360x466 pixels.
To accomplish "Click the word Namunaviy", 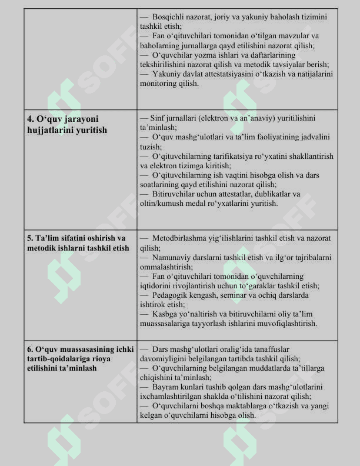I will [171, 257].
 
